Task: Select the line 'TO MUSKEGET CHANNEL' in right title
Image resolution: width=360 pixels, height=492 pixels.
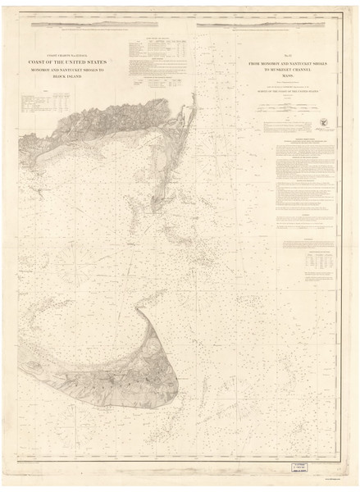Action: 287,71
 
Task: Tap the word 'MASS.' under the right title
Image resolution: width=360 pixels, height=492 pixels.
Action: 287,78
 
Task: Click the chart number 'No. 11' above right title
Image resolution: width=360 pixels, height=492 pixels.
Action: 287,57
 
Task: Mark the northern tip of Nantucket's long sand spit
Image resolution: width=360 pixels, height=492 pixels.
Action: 139,310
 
